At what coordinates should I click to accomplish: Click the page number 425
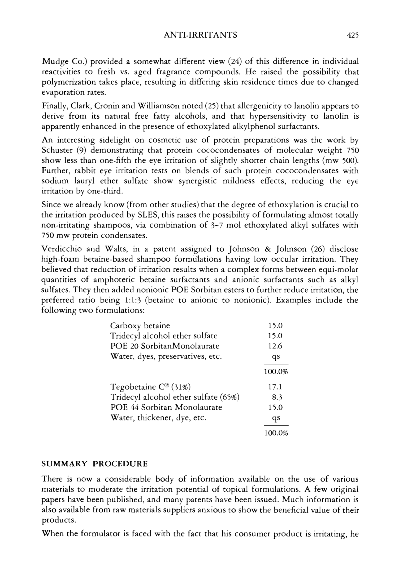352,35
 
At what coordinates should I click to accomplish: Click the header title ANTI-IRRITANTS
200,35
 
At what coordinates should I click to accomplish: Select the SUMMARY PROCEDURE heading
95,464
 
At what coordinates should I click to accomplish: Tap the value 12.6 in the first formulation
275,346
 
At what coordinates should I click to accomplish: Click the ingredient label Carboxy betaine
140,326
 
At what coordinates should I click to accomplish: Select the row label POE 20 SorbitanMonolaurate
165,346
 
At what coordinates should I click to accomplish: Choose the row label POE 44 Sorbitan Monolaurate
166,407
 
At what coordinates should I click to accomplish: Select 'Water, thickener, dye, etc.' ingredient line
158,418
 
